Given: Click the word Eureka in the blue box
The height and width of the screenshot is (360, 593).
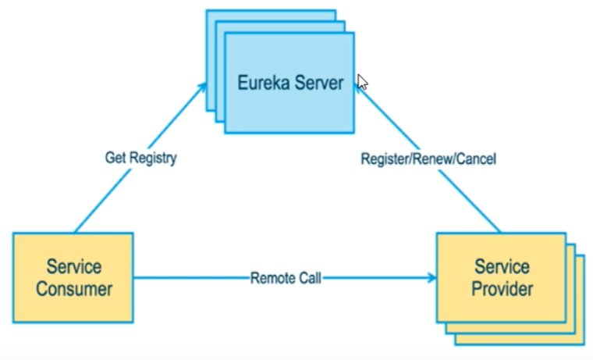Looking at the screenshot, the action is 264,83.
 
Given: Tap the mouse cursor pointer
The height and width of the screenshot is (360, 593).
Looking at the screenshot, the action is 362,82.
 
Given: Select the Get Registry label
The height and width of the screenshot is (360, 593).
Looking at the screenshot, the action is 140,158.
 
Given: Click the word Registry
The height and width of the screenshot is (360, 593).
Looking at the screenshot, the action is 153,159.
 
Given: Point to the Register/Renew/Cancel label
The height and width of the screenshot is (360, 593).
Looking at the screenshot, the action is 428,159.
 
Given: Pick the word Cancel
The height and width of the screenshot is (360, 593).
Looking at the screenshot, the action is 477,159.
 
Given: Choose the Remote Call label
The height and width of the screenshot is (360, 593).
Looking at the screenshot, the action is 286,278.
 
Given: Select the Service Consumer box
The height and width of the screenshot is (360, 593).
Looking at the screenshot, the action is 73,278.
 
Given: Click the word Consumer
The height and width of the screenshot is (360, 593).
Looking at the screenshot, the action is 74,290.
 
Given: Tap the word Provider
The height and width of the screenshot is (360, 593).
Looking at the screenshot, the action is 502,290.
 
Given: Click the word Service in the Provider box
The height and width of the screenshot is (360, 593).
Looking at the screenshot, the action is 502,267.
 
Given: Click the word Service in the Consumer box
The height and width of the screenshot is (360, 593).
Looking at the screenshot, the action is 74,267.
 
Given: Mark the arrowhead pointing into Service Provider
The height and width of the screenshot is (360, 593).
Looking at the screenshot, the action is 432,278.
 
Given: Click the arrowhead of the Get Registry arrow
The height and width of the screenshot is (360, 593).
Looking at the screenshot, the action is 203,87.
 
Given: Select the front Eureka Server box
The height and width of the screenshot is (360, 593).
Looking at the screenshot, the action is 289,83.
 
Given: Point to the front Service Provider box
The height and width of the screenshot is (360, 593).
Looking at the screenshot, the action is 502,278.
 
